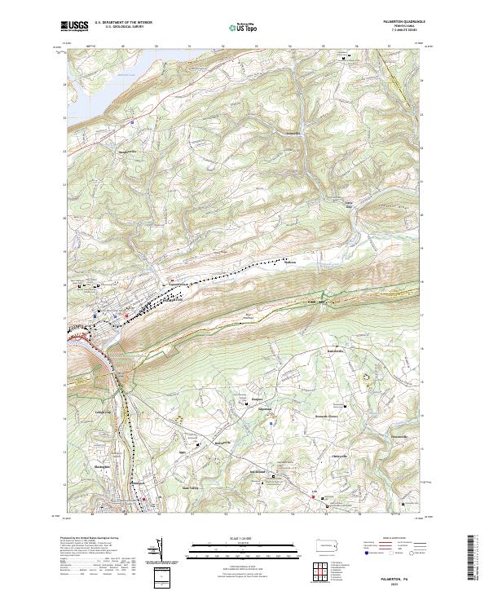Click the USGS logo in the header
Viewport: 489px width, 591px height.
pos(74,27)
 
